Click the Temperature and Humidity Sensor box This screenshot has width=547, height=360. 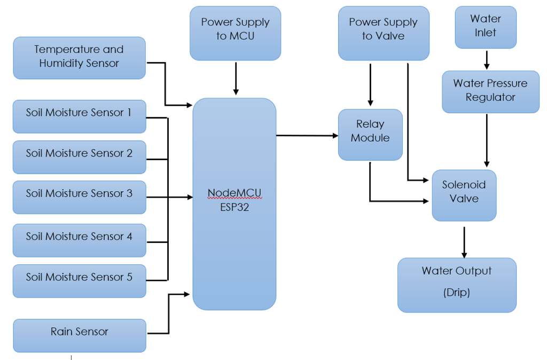pos(79,57)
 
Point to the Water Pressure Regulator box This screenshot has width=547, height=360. pos(490,91)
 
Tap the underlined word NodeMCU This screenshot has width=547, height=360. pos(234,193)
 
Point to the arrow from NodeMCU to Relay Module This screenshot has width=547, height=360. pos(307,136)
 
